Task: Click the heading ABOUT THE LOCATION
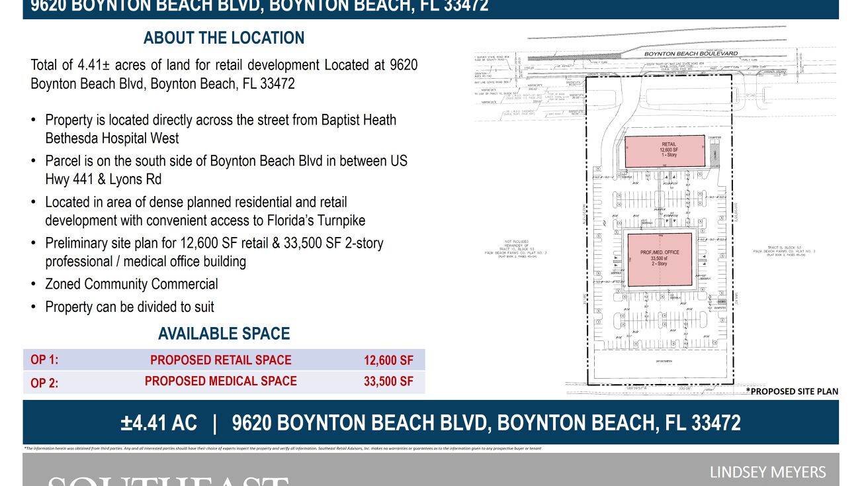pyautogui.click(x=224, y=38)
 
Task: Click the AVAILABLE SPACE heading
pyautogui.click(x=224, y=334)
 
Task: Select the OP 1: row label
pyautogui.click(x=44, y=360)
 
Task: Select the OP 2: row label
pyautogui.click(x=44, y=382)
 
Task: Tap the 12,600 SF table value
pyautogui.click(x=388, y=360)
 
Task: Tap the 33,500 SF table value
pyautogui.click(x=388, y=381)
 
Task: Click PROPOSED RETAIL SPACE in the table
pyautogui.click(x=220, y=360)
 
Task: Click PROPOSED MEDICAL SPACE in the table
pyautogui.click(x=220, y=381)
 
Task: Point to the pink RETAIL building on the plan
pyautogui.click(x=665, y=151)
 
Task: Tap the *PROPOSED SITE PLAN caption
pyautogui.click(x=792, y=391)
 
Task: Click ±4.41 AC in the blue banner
pyautogui.click(x=159, y=422)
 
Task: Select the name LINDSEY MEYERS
pyautogui.click(x=767, y=472)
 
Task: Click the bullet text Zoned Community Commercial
pyautogui.click(x=131, y=284)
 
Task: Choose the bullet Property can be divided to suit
pyautogui.click(x=130, y=307)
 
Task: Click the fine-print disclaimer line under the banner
pyautogui.click(x=282, y=448)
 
